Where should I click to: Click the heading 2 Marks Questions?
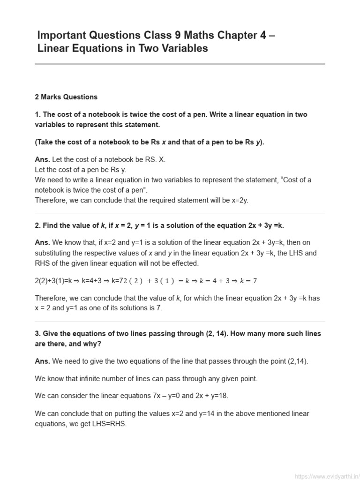coord(66,97)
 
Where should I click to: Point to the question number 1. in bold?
coord(37,115)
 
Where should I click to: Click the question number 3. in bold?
coord(37,333)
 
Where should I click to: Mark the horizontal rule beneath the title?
coord(180,64)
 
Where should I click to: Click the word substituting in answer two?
coord(55,253)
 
